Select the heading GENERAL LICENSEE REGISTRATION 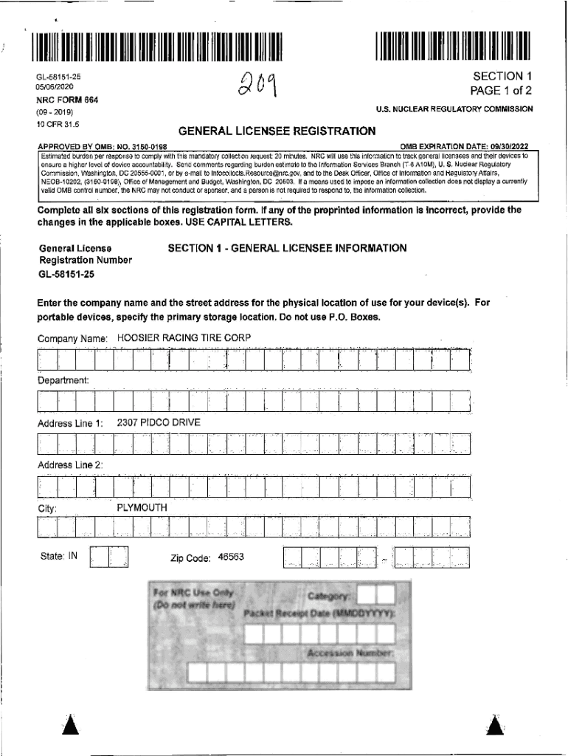277,131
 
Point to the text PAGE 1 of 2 501,91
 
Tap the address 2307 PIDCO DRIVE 159,422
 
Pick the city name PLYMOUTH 142,508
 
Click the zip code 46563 231,557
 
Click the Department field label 63,380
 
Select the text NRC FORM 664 68,99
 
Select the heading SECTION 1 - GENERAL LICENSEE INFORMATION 287,248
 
